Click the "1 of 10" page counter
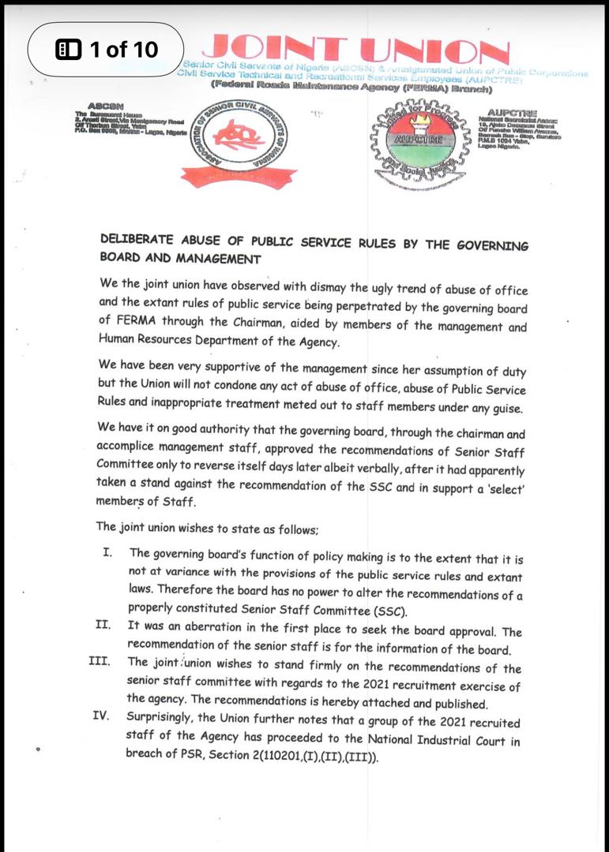tap(107, 50)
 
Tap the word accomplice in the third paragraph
tap(132, 451)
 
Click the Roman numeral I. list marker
tap(107, 551)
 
